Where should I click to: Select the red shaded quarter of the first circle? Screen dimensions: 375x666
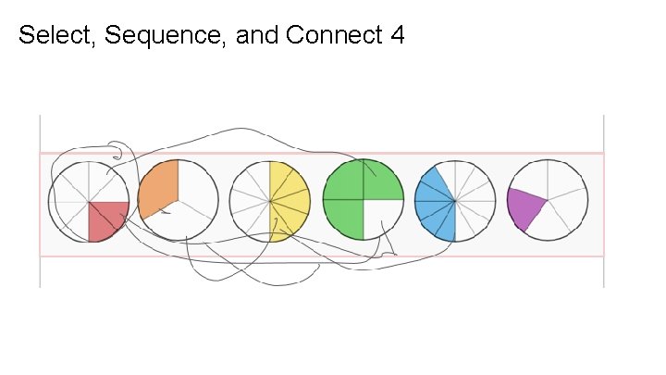[106, 219]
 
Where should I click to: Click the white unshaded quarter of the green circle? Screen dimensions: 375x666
[382, 219]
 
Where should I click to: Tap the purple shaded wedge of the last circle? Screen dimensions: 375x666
[525, 206]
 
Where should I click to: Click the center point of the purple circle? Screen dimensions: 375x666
[548, 200]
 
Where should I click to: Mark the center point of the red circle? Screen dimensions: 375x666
[89, 201]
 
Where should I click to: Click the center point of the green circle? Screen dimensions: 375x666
[364, 201]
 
